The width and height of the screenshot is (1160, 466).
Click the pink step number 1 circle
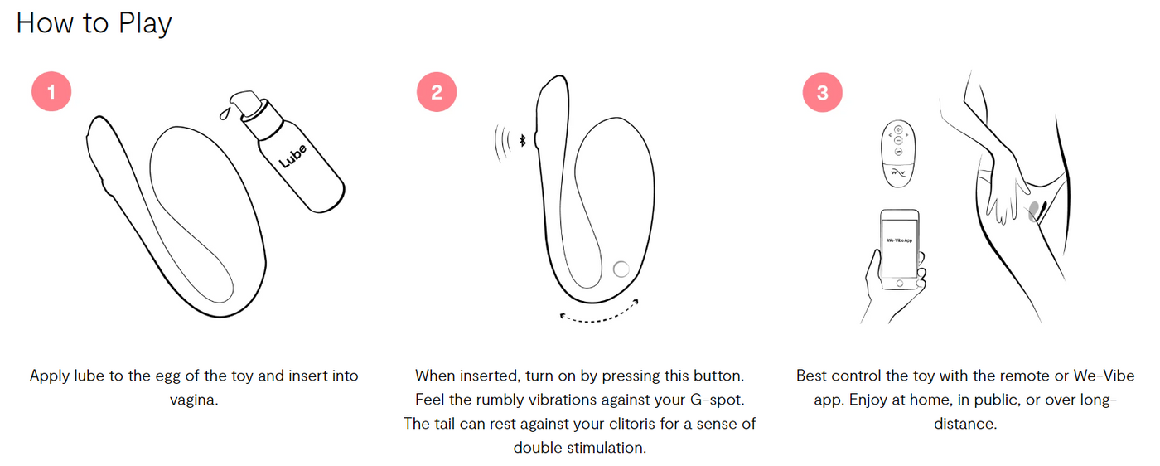[51, 92]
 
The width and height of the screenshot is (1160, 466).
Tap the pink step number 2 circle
[437, 92]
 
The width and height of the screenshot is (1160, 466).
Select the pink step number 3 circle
[822, 93]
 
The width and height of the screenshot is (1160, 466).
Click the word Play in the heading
[145, 24]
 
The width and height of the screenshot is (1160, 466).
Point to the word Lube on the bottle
[293, 156]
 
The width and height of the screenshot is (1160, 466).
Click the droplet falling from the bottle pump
[225, 114]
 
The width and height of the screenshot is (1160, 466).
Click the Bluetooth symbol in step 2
[523, 140]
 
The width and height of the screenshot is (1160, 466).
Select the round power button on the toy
[621, 269]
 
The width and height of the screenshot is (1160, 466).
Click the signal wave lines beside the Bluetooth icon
[502, 143]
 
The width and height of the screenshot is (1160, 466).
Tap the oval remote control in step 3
[898, 153]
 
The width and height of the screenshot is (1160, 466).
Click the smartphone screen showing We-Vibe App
[900, 249]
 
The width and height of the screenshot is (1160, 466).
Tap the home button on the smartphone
[900, 284]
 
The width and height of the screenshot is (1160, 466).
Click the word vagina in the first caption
[194, 400]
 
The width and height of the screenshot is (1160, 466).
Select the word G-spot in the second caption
[718, 400]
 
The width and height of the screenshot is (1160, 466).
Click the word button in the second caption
[719, 376]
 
